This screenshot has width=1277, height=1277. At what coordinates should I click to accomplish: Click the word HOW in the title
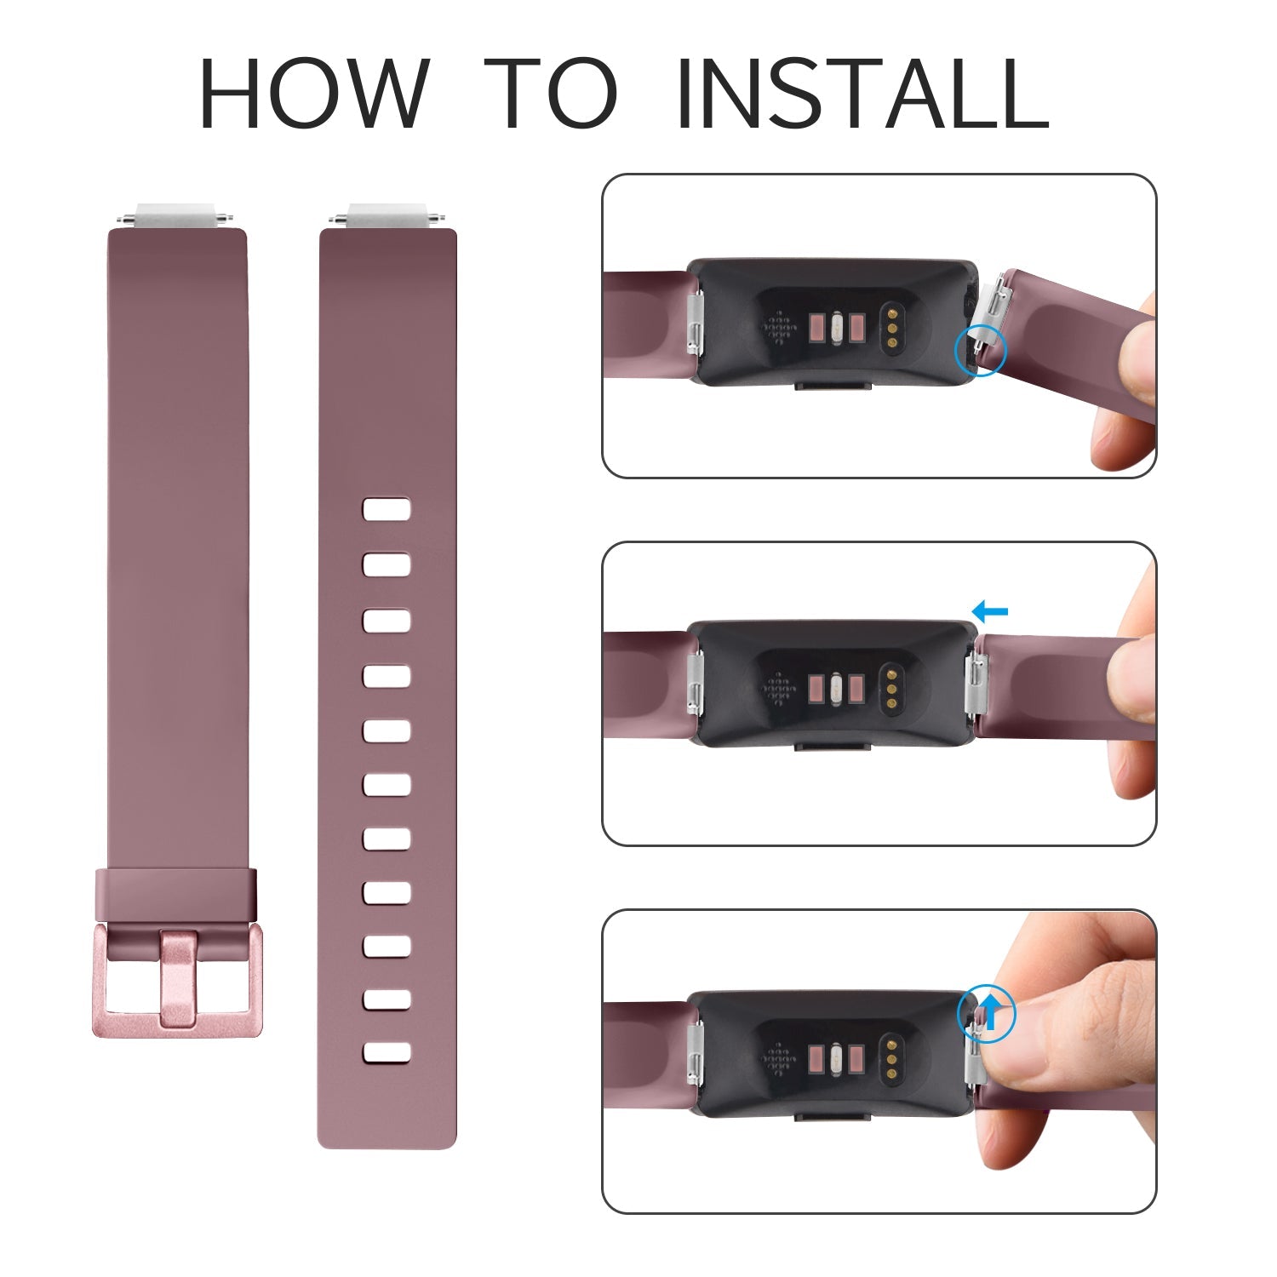[314, 93]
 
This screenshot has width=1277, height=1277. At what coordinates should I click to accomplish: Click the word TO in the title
[555, 93]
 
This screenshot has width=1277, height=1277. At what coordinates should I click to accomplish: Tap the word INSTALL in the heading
[862, 93]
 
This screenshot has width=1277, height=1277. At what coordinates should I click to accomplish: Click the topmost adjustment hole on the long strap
[387, 509]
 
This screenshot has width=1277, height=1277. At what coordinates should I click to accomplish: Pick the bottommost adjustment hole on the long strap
[387, 1052]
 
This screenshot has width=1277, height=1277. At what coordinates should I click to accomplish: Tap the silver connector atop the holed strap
[388, 215]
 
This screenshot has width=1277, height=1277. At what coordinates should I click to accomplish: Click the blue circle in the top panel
[981, 349]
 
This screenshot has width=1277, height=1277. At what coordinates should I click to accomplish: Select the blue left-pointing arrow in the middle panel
[989, 610]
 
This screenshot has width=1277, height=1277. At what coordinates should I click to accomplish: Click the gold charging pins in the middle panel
[891, 688]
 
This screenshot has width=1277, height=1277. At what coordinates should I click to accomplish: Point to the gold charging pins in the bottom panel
[891, 1056]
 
